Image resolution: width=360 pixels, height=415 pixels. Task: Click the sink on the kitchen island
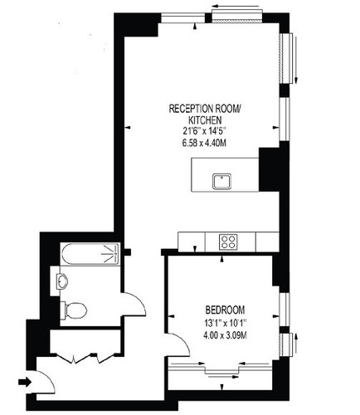coord(221,178)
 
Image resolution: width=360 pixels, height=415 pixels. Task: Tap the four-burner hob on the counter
coord(229,241)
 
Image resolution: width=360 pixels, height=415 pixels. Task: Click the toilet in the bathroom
coord(74,311)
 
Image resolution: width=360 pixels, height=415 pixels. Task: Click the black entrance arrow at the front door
coord(26,383)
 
